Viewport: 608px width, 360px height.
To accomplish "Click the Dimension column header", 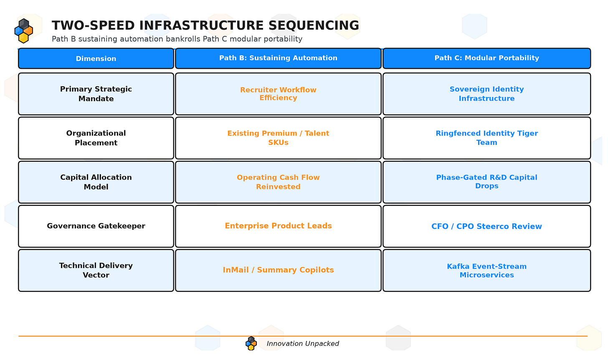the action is click(x=96, y=58).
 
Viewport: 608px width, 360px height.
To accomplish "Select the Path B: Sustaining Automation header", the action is click(x=278, y=58).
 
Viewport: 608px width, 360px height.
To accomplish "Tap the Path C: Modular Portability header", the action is click(x=486, y=58).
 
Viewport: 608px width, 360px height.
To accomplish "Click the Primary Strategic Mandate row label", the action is click(x=96, y=94).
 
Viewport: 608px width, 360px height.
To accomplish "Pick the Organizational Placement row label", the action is click(x=96, y=138).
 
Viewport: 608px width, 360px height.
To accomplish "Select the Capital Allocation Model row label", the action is click(x=96, y=182).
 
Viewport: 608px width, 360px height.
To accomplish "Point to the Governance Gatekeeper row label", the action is click(x=96, y=226).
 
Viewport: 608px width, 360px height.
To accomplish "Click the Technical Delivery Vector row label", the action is click(x=96, y=270).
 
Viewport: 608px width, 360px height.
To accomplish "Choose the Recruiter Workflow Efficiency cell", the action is click(x=278, y=94).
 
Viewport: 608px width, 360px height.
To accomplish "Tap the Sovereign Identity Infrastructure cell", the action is click(x=486, y=94).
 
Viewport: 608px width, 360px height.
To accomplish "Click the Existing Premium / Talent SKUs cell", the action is click(x=278, y=138).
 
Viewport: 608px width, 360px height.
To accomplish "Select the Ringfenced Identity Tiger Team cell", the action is click(x=486, y=138).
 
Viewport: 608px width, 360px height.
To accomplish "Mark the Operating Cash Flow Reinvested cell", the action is click(x=278, y=182).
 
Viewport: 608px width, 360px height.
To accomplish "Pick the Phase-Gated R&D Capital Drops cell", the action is click(x=486, y=182).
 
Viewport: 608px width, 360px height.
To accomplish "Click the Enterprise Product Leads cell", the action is click(x=278, y=226).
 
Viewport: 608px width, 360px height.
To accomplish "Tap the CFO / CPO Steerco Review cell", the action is click(x=486, y=226).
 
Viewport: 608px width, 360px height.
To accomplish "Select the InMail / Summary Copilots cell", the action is click(x=278, y=270).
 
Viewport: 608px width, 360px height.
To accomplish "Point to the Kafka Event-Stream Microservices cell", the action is click(x=486, y=270).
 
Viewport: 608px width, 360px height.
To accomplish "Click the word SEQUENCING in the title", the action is click(x=314, y=25).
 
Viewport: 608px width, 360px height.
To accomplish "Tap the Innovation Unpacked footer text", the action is click(x=303, y=343).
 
